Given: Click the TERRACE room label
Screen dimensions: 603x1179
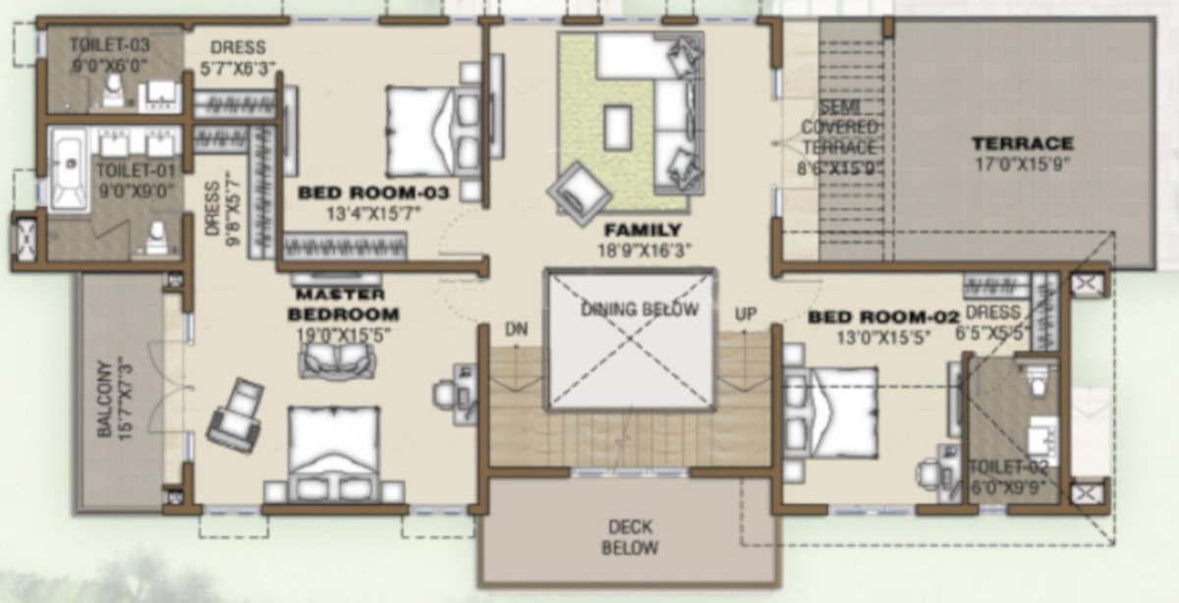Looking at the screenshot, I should tap(1023, 143).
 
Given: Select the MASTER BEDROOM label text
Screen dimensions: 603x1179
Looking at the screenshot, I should tap(343, 304).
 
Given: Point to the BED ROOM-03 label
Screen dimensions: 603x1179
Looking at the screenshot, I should tap(373, 193).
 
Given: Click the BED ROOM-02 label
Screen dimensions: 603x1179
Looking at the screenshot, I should tap(880, 317).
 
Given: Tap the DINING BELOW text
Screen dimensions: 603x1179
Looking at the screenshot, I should tap(639, 310).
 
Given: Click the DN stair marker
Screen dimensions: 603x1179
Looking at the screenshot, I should tap(517, 328).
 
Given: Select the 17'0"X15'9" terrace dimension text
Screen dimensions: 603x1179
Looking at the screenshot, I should tap(1023, 163).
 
